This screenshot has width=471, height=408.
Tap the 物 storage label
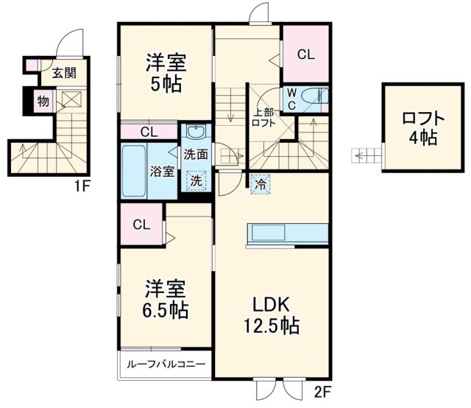[x=43, y=101]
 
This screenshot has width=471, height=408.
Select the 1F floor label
[x=81, y=186]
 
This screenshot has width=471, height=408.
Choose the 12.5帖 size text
[x=271, y=326]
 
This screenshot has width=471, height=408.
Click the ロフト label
[x=423, y=118]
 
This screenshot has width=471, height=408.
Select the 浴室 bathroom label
[x=163, y=172]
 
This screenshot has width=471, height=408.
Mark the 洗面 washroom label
[x=196, y=155]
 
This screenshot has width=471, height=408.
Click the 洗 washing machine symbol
[x=196, y=179]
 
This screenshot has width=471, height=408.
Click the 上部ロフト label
[x=264, y=119]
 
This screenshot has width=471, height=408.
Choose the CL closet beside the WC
[x=306, y=54]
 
